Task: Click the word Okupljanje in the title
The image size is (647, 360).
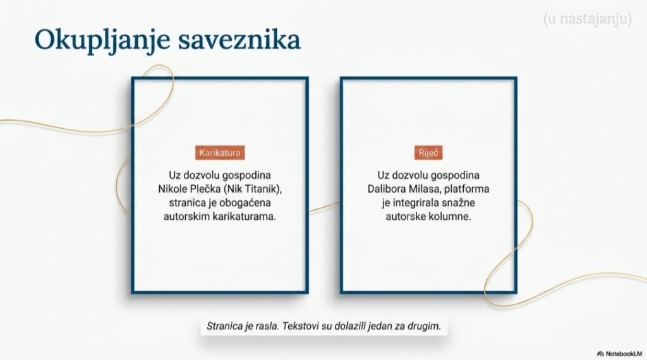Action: point(102,40)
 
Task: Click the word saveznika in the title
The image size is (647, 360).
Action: point(239,40)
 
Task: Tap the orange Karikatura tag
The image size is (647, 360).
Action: point(220,153)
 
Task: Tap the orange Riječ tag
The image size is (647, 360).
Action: point(428,153)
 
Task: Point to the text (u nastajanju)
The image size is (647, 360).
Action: point(587,19)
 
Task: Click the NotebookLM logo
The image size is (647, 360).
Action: point(620,354)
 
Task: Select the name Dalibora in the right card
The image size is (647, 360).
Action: point(387,189)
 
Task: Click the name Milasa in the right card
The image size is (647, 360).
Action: point(425,189)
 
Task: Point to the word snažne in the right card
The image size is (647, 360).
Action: point(459,203)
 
